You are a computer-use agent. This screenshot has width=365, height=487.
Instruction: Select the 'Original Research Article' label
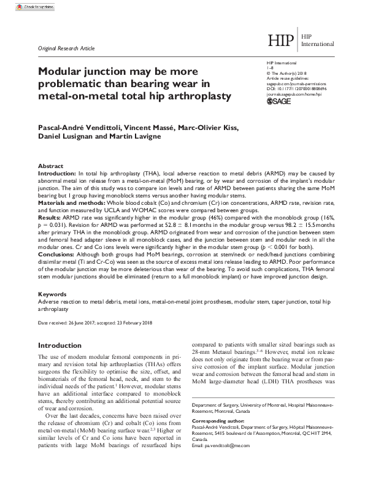coord(67,47)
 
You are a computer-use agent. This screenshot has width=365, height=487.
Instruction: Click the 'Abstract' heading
coord(50,166)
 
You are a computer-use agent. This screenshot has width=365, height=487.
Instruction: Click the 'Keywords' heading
coord(53,294)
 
